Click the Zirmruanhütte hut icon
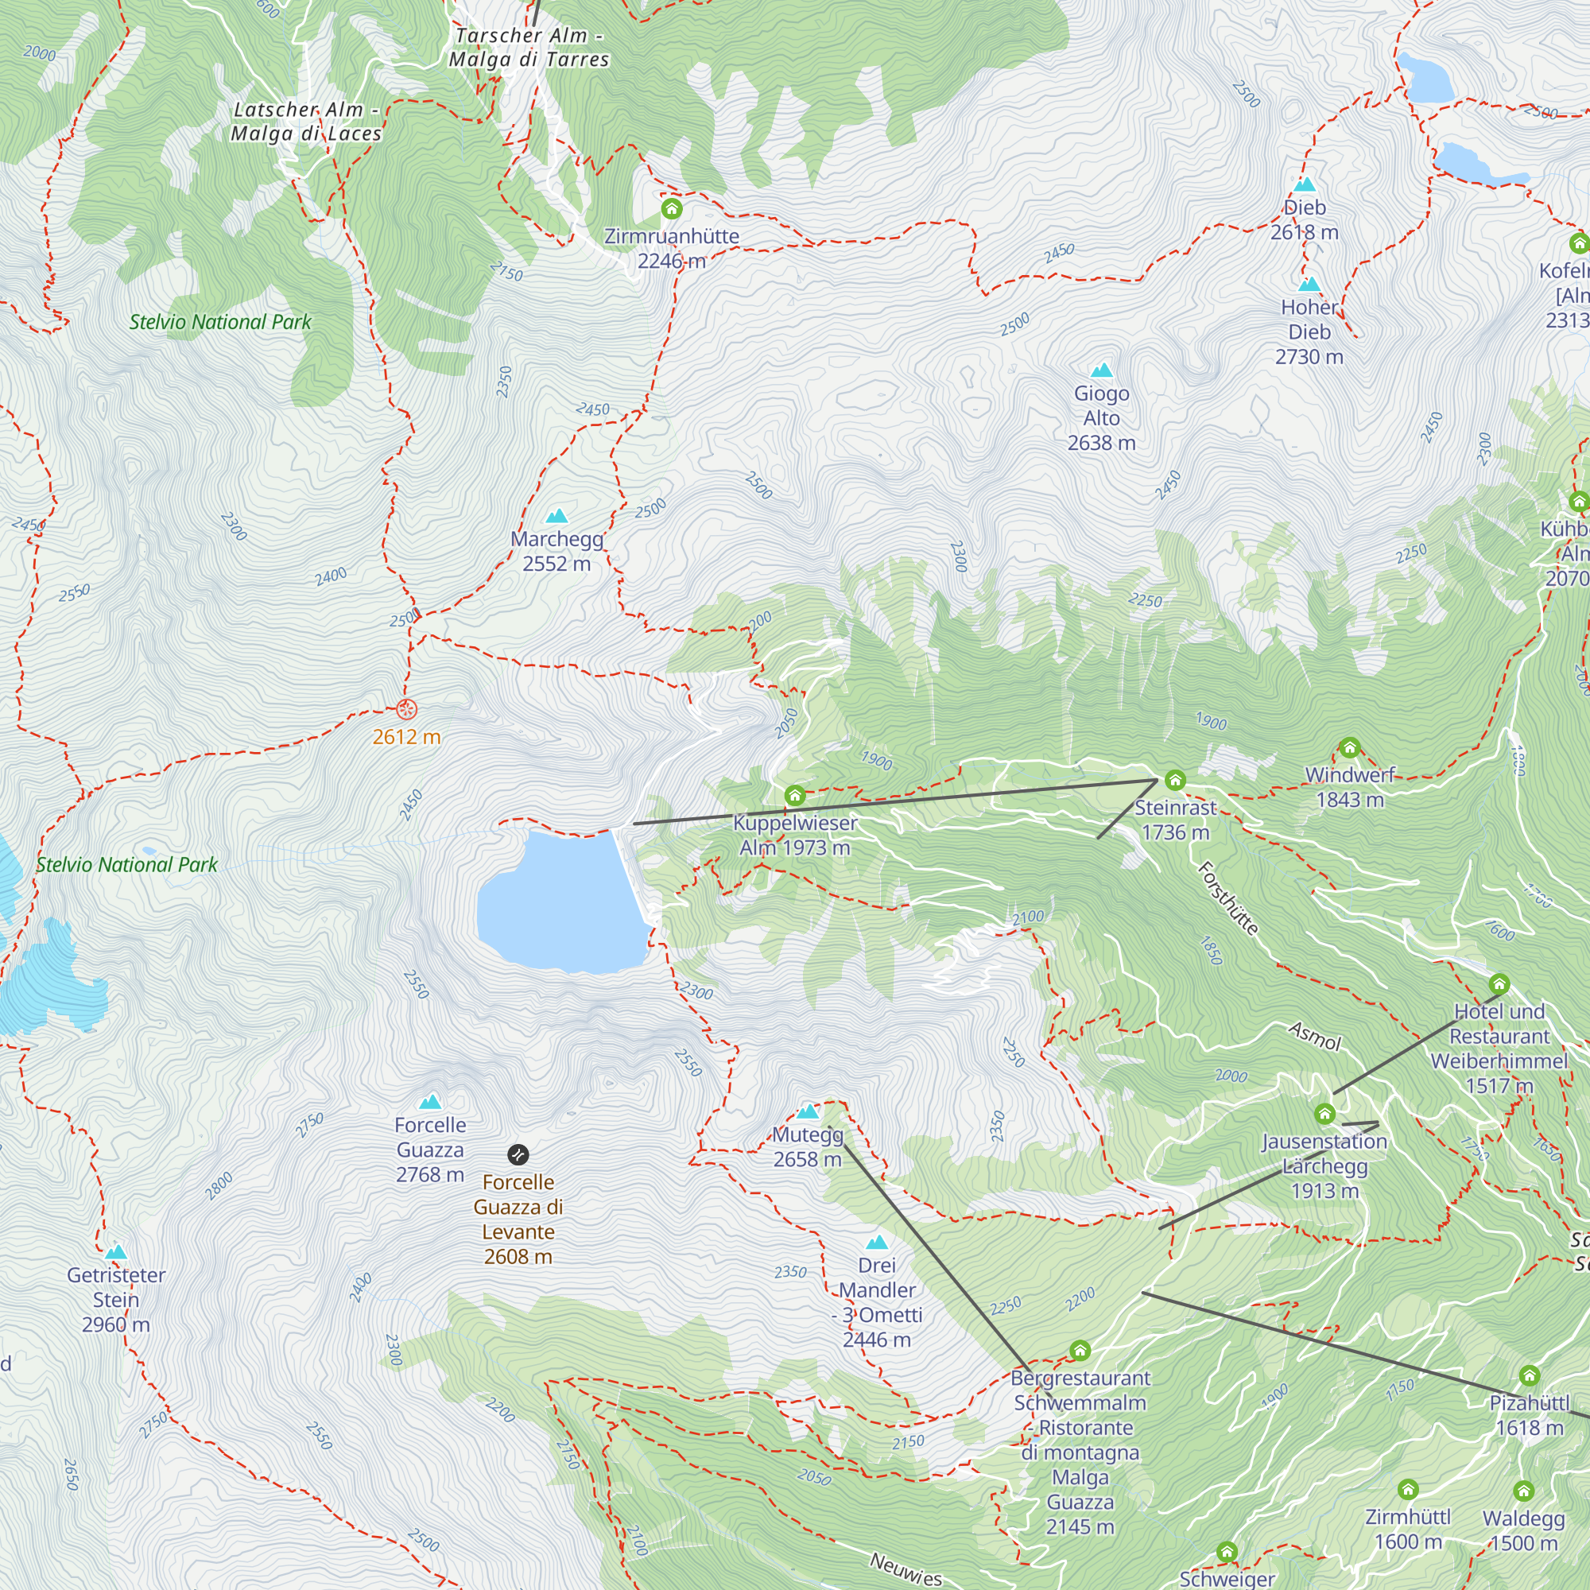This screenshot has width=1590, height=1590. [x=672, y=209]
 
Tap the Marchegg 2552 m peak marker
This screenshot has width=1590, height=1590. [x=557, y=517]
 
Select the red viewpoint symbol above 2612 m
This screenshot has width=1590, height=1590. [x=406, y=708]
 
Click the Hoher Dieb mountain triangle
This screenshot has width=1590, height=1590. [x=1309, y=285]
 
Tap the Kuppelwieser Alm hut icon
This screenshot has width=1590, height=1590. [x=794, y=795]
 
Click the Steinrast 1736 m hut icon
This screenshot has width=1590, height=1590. [x=1175, y=779]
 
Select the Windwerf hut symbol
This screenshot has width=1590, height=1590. [x=1349, y=748]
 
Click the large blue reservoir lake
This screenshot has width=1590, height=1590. [x=560, y=902]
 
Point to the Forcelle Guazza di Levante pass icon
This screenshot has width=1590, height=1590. [x=518, y=1154]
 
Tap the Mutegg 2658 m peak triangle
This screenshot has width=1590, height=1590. [x=809, y=1113]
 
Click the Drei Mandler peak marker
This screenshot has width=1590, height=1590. [x=876, y=1243]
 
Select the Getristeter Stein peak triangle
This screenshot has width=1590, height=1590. [x=116, y=1253]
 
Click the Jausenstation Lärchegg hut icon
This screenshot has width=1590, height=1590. [x=1324, y=1115]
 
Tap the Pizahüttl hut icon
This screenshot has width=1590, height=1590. [x=1529, y=1375]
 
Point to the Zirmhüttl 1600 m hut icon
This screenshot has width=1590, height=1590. [x=1408, y=1490]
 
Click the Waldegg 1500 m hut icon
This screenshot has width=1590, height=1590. [x=1523, y=1491]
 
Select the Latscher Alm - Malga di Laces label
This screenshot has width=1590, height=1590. [x=306, y=122]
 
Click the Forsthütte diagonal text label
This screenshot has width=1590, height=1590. [x=1228, y=898]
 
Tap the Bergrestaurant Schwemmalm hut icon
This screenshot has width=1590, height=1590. [x=1080, y=1351]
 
